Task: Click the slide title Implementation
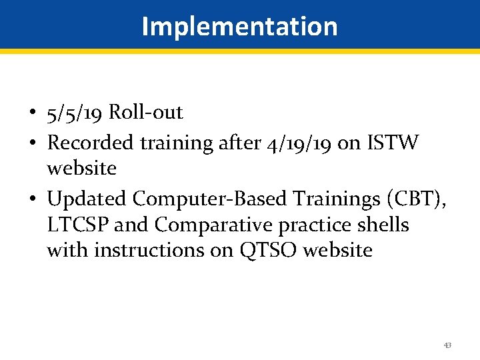click(x=239, y=26)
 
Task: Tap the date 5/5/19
click(x=75, y=113)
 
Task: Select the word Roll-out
click(x=145, y=112)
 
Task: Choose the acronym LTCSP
click(x=78, y=225)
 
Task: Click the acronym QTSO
click(x=256, y=251)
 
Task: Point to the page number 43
click(x=447, y=345)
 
